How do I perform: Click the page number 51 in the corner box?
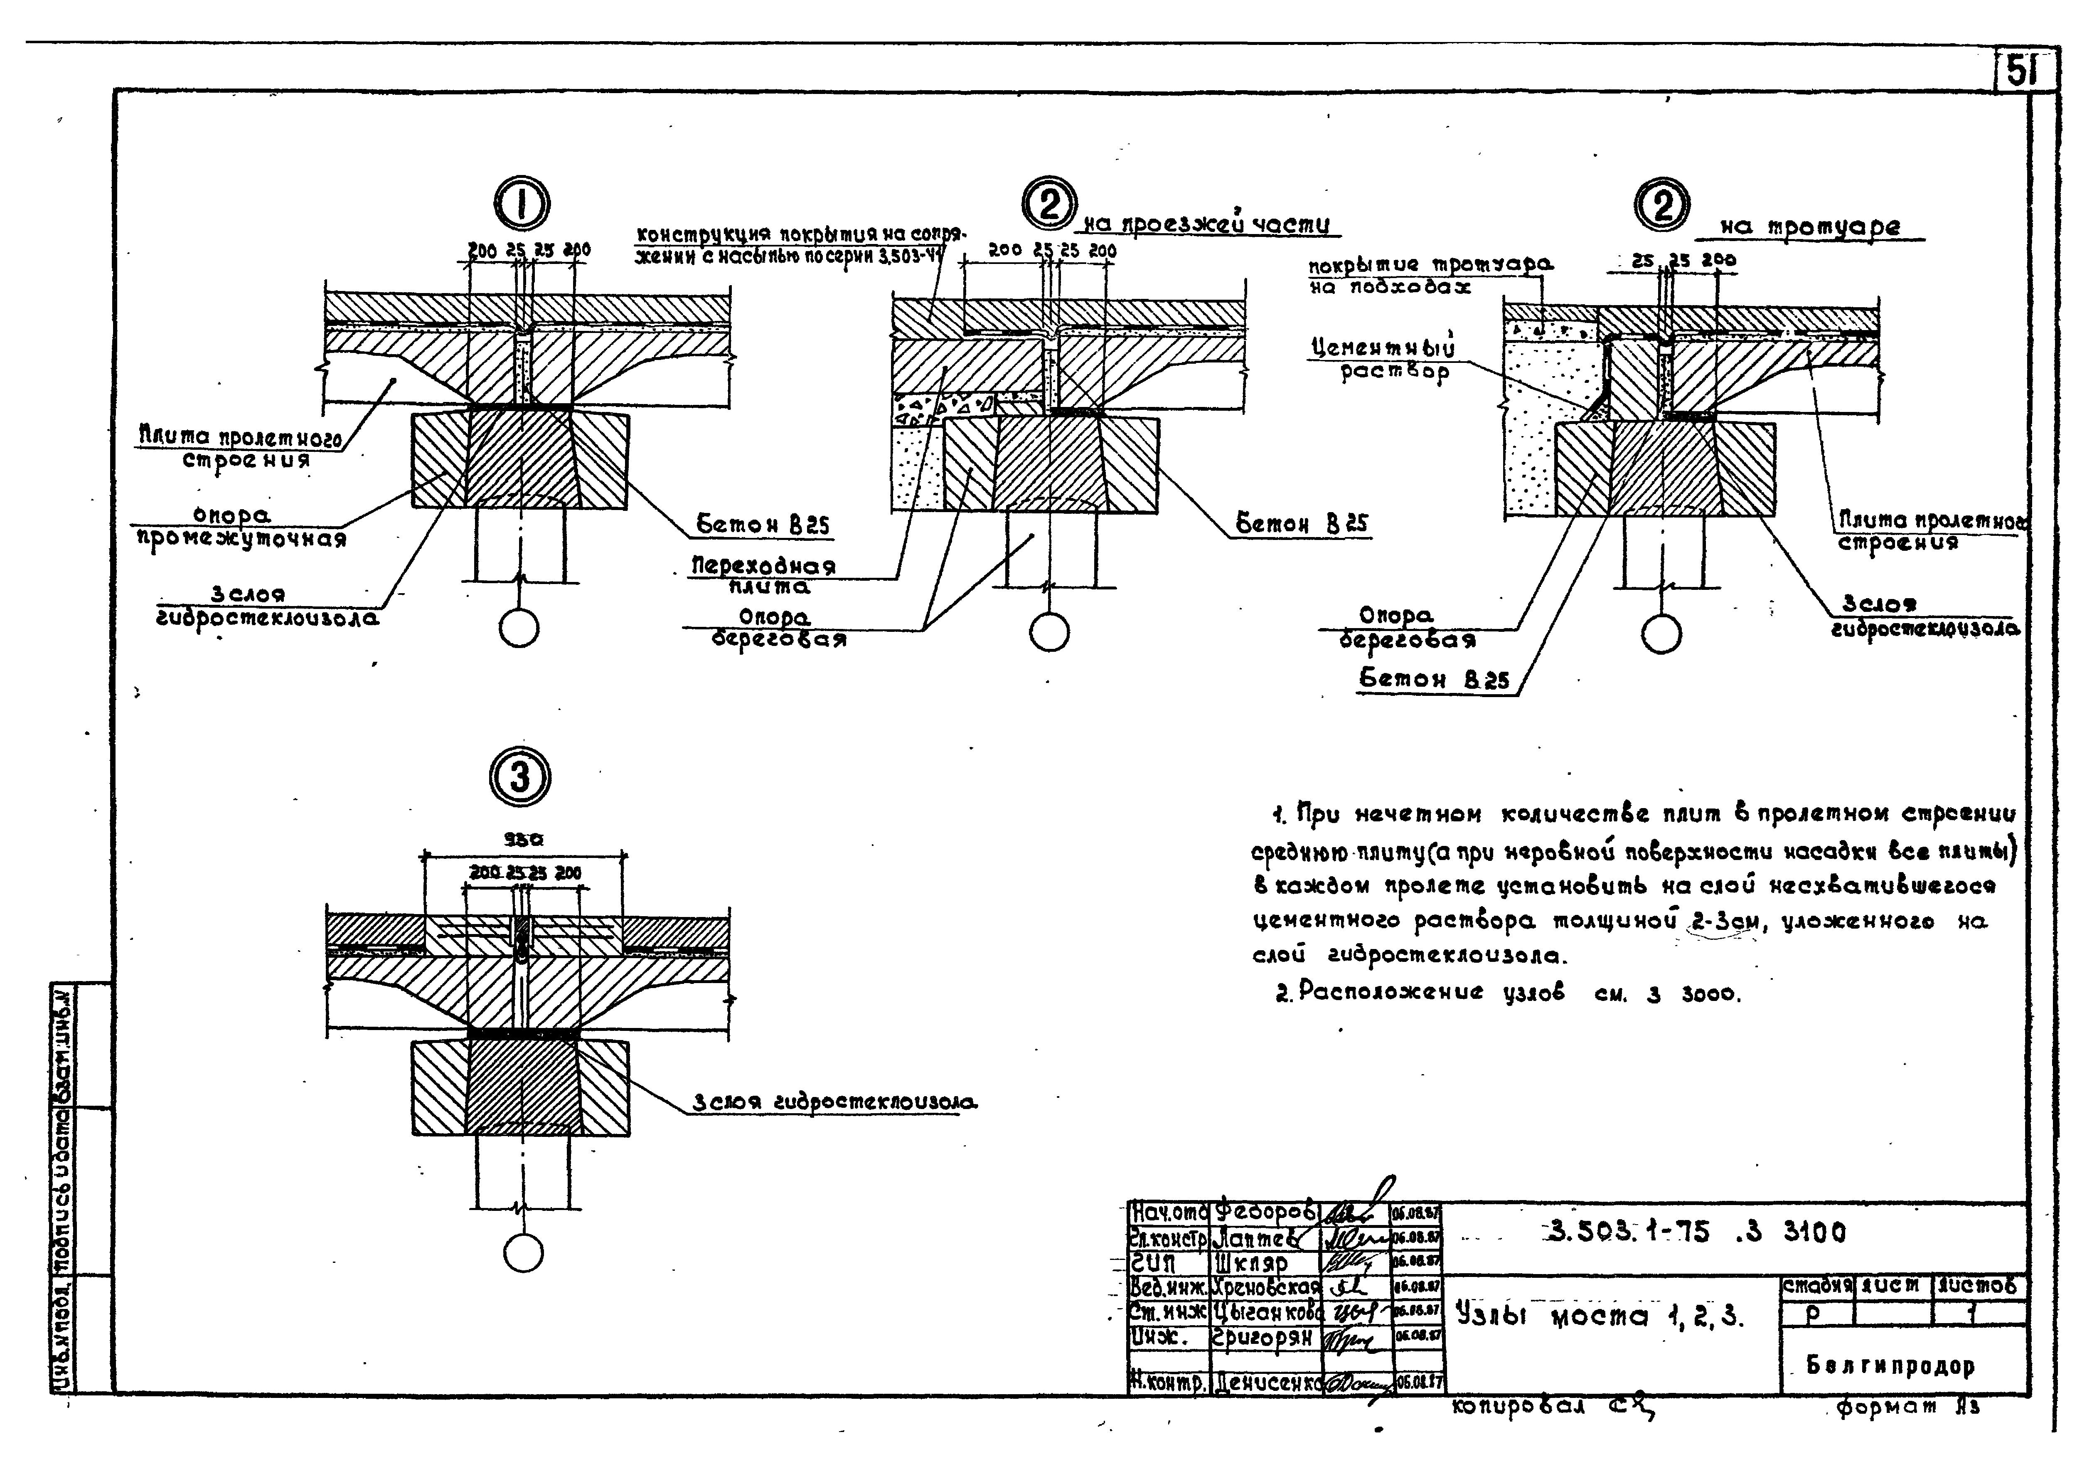point(2023,70)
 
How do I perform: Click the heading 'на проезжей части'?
point(1209,224)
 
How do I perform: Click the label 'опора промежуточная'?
point(241,527)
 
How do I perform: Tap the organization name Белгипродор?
point(1891,1366)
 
